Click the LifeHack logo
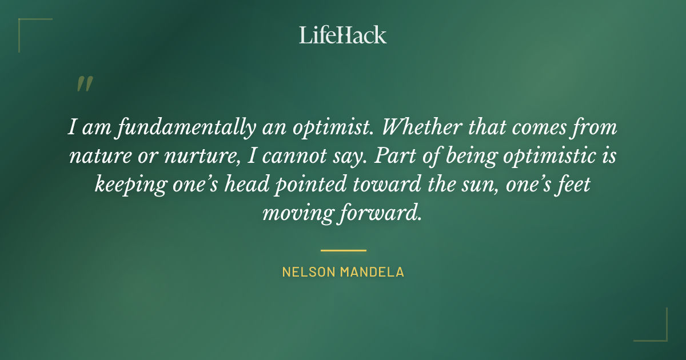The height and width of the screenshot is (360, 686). tap(343, 35)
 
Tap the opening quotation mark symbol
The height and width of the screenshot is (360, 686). tap(85, 85)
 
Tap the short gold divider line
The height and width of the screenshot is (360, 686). tap(343, 250)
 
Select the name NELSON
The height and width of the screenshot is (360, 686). tap(309, 272)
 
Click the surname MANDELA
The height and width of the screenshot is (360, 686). tap(372, 272)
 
